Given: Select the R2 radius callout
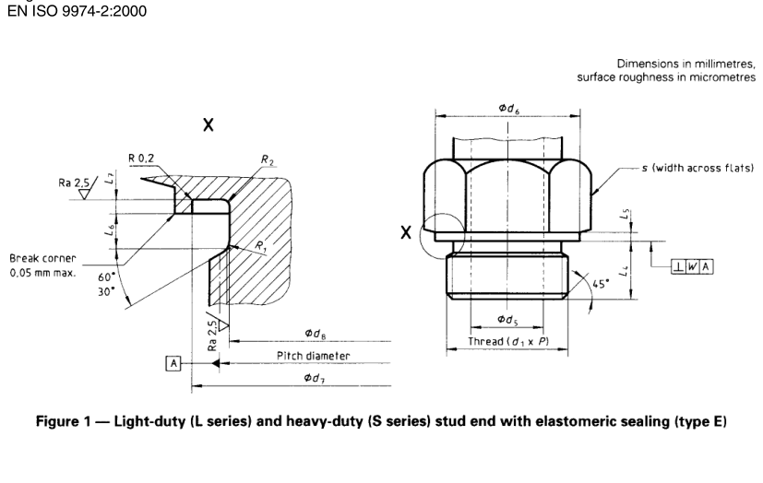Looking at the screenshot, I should [268, 160].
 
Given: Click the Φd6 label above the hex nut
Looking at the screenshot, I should [508, 108].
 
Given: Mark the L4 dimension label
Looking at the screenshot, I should [624, 271].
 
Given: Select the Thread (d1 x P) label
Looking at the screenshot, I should [507, 342].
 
